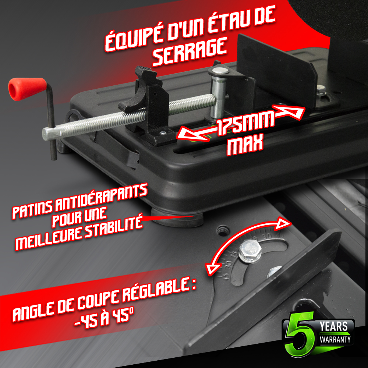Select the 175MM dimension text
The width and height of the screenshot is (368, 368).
[245, 123]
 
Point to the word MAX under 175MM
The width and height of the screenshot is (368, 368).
[245, 145]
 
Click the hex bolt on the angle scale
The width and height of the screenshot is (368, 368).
[250, 251]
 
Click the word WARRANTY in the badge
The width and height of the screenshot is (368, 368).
[335, 339]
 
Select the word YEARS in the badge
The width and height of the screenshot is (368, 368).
[333, 326]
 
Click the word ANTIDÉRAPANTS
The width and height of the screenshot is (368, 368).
[101, 198]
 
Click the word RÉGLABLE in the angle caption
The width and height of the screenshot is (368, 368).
[156, 291]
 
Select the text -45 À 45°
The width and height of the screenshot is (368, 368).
[104, 318]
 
